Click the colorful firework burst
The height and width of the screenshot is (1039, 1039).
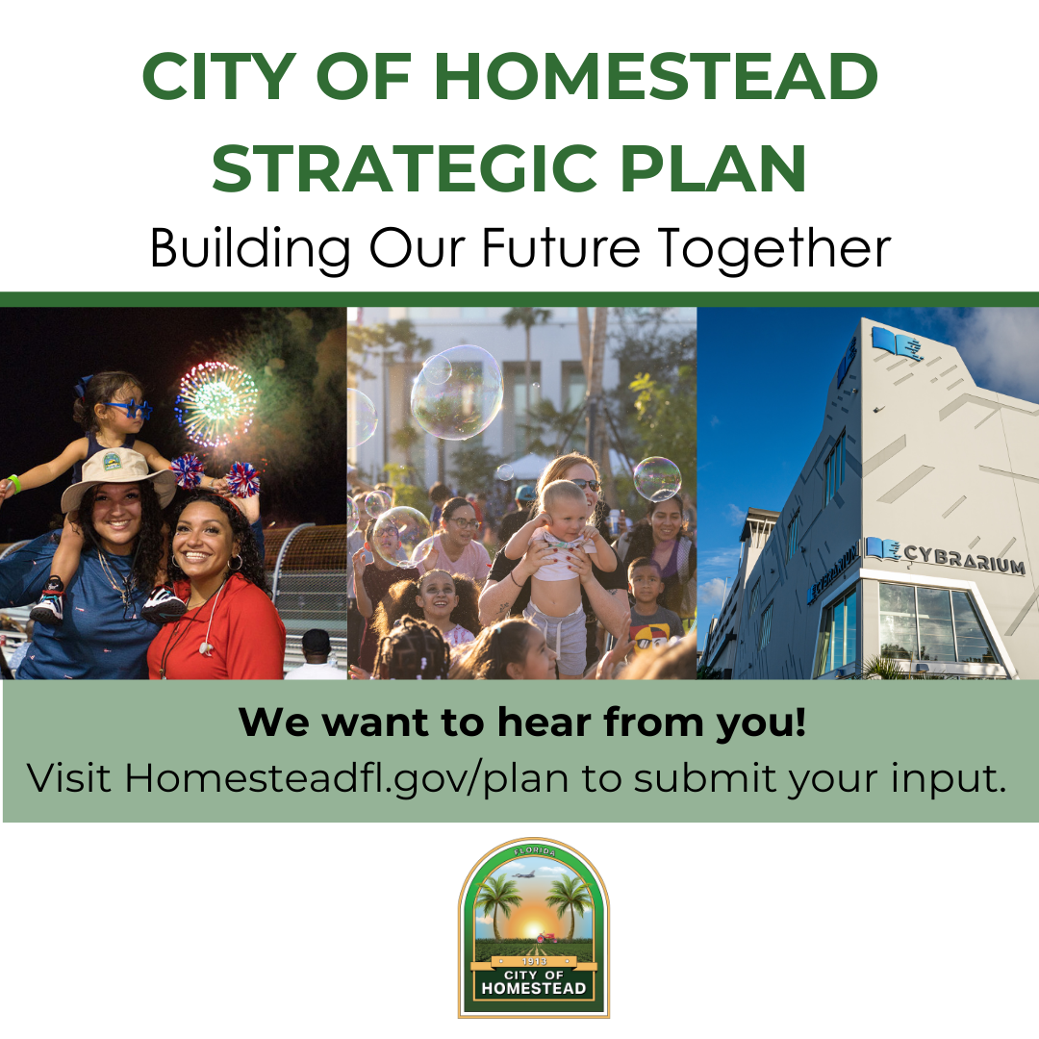click(x=216, y=402)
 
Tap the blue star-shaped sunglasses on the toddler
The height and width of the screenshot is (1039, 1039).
click(x=129, y=409)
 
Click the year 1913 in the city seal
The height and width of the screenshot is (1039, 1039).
click(x=534, y=960)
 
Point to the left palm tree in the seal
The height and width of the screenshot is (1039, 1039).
click(x=498, y=904)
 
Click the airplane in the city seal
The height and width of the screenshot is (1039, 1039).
click(x=524, y=875)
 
